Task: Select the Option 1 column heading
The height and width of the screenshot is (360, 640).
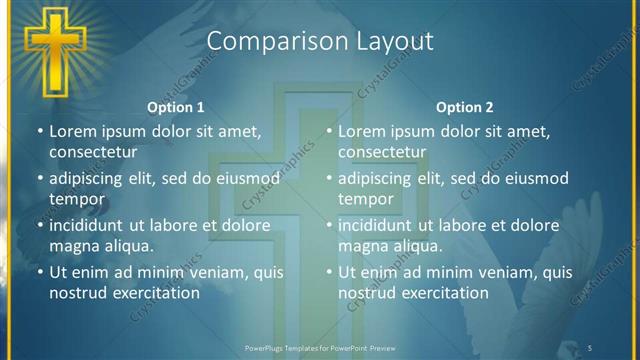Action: (x=176, y=107)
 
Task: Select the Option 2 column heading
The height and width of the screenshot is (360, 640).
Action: (x=465, y=107)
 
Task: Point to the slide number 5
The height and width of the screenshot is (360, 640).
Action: (x=591, y=347)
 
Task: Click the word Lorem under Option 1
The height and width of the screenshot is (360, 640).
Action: (x=72, y=131)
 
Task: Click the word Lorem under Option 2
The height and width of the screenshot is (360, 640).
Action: (x=361, y=131)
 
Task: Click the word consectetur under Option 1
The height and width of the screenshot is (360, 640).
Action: (x=92, y=152)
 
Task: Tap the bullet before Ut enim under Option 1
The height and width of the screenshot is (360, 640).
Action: (x=39, y=272)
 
